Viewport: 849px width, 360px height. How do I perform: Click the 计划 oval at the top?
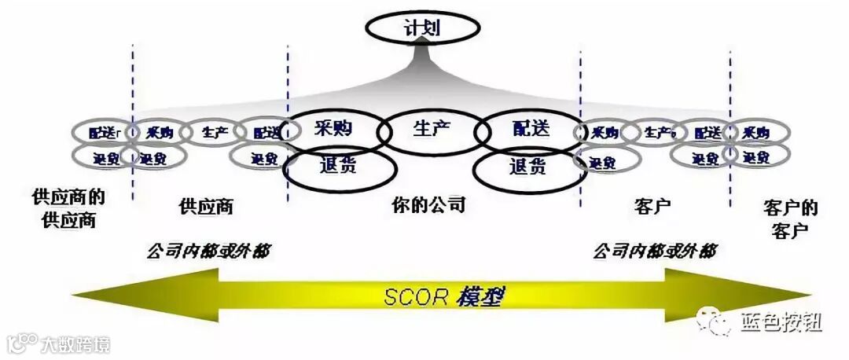423,29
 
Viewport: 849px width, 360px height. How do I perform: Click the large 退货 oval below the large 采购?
338,167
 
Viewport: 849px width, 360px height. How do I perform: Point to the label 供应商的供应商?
68,207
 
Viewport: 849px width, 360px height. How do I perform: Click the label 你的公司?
428,206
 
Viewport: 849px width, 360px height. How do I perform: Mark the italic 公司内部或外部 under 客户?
654,252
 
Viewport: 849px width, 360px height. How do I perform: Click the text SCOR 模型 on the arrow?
443,297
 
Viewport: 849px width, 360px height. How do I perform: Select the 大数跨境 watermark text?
75,344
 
